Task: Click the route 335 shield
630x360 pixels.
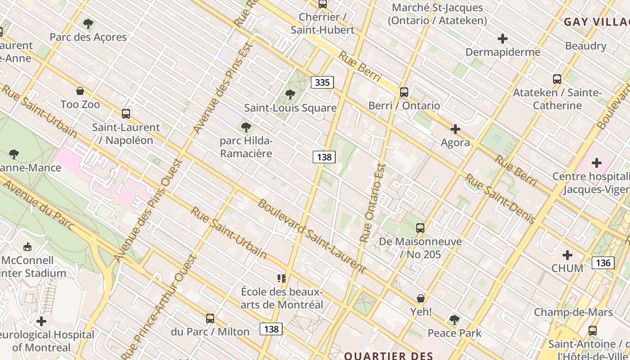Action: (322, 82)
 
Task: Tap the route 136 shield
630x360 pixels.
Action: (603, 263)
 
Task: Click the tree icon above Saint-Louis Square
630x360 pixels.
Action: (290, 94)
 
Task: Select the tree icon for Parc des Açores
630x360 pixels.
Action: (88, 23)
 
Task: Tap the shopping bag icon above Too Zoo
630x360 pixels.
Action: (80, 91)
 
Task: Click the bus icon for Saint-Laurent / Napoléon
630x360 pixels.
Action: (126, 114)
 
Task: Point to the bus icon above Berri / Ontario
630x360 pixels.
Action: (404, 92)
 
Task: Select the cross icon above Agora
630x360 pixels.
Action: (455, 130)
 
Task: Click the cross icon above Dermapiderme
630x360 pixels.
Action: (503, 39)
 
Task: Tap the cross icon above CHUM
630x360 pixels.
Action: (567, 255)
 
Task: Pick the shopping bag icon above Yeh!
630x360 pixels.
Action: (421, 298)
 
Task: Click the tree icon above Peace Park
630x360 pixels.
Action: (454, 320)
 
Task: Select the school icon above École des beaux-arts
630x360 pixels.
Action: (282, 279)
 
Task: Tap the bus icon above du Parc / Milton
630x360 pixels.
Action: (210, 319)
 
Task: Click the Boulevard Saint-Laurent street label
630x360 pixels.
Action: (311, 236)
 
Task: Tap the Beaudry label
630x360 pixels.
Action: (585, 46)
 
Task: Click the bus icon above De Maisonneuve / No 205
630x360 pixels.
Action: (420, 228)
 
